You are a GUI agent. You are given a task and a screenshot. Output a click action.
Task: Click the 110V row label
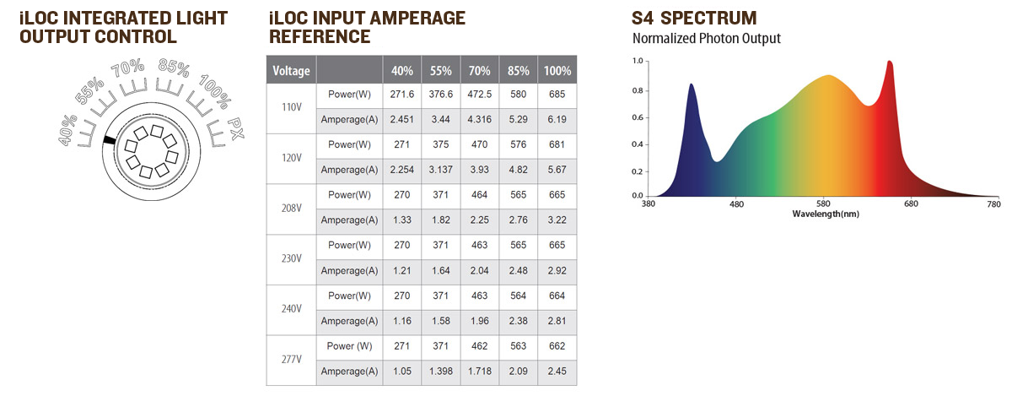tap(291, 107)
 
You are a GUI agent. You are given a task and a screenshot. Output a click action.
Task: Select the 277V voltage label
tap(291, 359)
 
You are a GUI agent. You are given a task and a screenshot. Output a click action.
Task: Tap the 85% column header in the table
tap(515, 70)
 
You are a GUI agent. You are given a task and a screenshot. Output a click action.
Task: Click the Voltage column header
tap(292, 70)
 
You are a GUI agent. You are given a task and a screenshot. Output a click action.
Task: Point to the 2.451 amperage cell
tap(401, 120)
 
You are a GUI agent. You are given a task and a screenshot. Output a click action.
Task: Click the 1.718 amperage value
tap(478, 372)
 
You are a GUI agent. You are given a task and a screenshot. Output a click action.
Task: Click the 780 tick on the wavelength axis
tap(993, 204)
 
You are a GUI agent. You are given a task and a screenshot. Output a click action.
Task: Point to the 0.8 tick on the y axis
tap(638, 91)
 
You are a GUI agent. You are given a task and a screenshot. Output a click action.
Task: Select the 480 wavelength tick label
tap(735, 204)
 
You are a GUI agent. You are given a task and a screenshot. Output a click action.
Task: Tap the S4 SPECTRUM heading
tap(694, 18)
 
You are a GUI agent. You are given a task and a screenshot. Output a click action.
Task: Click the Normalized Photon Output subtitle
tap(707, 39)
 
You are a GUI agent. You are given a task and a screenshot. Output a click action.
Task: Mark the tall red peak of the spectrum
tap(889, 64)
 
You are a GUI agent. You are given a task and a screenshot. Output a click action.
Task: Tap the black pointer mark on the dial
tap(108, 140)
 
